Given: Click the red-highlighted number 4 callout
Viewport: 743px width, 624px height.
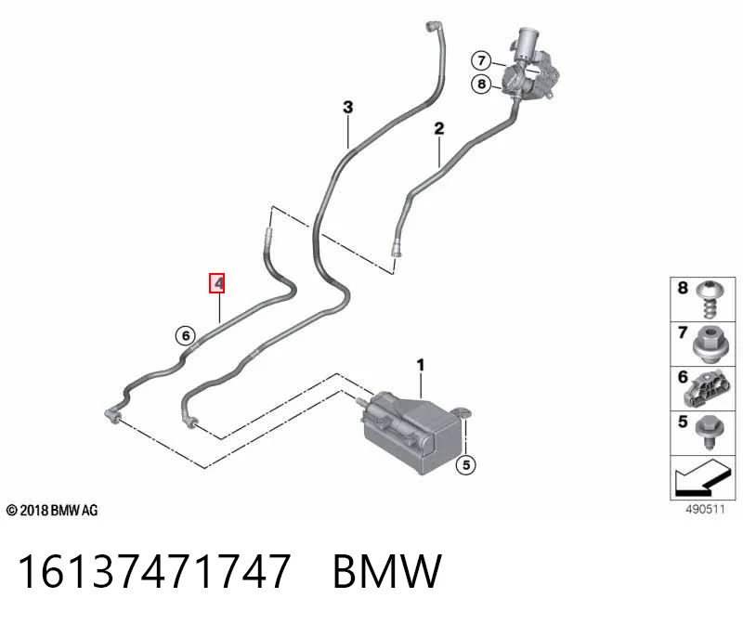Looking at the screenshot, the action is point(217,283).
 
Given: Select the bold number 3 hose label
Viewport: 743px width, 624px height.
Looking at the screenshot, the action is point(347,107).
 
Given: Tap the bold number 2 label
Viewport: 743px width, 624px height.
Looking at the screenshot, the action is point(439,128).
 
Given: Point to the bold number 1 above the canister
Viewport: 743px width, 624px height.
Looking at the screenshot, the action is point(421,365).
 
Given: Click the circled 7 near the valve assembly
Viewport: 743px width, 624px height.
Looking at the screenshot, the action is point(481,60).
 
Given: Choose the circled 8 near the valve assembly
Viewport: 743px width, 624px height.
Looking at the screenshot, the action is point(481,84).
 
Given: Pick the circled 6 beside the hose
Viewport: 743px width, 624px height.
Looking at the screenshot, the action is point(185,335).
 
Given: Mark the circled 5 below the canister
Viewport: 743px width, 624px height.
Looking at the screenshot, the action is point(466,465).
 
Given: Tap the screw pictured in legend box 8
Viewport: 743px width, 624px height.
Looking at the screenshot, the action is point(709,299).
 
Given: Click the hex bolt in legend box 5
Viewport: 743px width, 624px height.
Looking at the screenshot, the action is point(708,431).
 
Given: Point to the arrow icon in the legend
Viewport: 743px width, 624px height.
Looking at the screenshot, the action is point(701,478).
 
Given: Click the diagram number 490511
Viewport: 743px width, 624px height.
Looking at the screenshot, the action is point(705,510).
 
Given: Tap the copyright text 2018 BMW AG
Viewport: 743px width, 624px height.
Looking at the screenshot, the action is point(52,511).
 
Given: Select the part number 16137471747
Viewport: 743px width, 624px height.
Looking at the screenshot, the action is point(153,571).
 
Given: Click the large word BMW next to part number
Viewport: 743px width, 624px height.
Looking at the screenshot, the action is point(387,571).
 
